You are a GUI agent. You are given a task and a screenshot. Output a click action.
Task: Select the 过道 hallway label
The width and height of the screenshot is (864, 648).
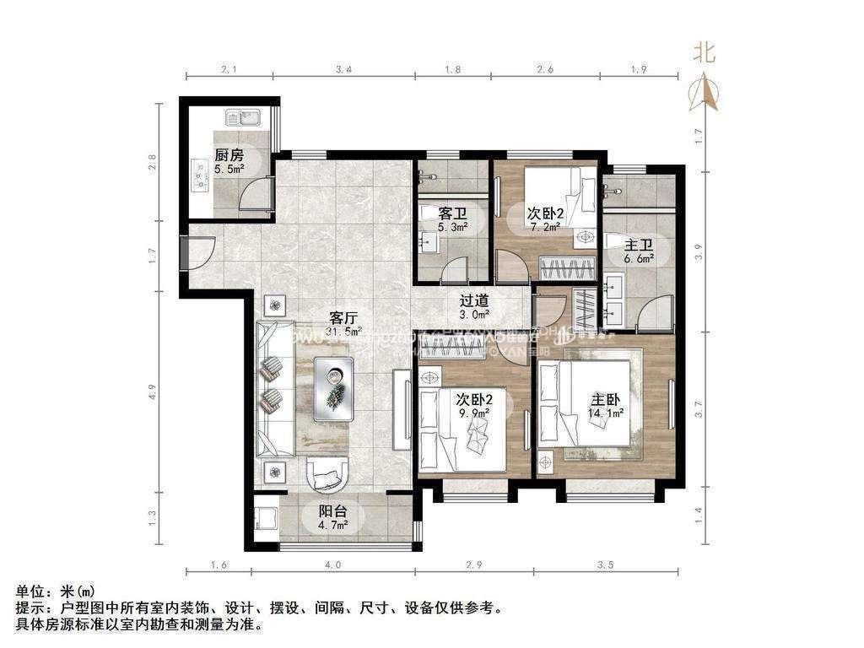point(473,300)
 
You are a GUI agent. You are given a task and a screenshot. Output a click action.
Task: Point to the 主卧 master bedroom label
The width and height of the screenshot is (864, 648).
point(606,398)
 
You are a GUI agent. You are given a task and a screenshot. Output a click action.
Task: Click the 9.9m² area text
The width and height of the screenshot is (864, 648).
point(473,413)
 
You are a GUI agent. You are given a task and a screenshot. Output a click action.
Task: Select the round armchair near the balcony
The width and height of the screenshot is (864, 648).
point(328,474)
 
